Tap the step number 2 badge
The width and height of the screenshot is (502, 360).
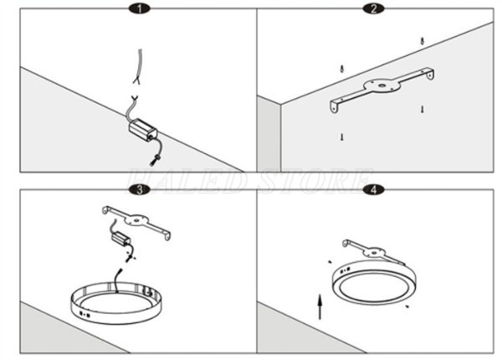coord(373,9)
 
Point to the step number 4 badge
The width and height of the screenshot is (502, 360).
coord(373,190)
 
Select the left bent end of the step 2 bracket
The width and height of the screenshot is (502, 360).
coord(334,106)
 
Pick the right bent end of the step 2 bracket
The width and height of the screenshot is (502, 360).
coord(431,75)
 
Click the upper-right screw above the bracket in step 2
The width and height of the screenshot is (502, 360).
coord(423,40)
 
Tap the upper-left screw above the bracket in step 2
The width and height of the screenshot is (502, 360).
coord(342,69)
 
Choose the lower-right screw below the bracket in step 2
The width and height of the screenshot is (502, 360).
coord(423,109)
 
